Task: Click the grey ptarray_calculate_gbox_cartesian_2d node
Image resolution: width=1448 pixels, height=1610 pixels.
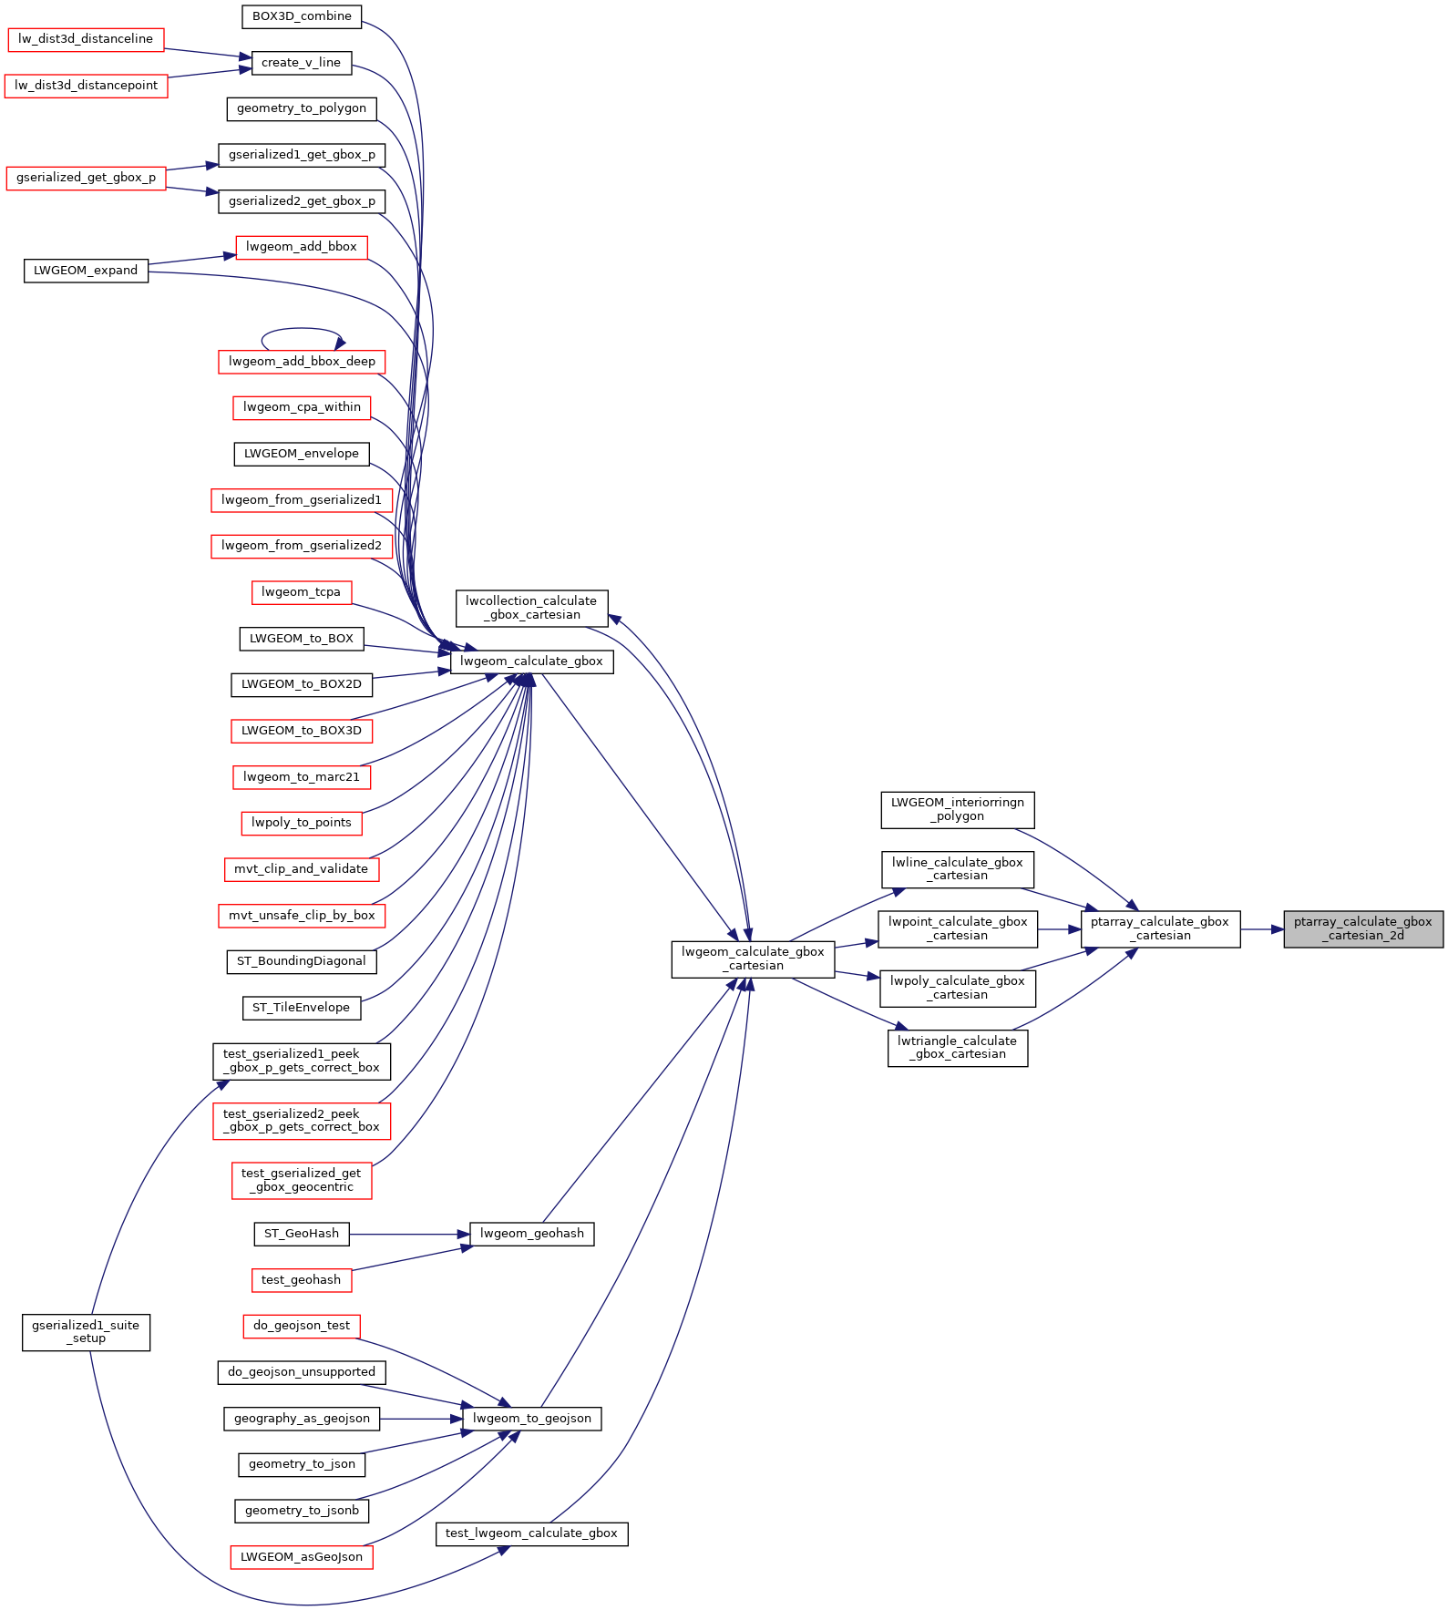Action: tap(1362, 928)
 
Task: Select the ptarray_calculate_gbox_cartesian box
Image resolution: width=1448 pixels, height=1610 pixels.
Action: tap(1159, 928)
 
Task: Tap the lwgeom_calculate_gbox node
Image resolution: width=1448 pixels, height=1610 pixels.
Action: tap(531, 661)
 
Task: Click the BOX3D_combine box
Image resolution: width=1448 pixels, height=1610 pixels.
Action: tap(302, 16)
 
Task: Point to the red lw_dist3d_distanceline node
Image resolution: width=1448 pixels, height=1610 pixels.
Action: tap(86, 39)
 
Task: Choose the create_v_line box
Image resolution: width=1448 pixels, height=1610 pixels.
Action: tap(301, 63)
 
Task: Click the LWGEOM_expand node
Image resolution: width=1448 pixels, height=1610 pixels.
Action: tap(86, 271)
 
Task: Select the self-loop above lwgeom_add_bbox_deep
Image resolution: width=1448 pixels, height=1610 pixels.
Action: tap(302, 330)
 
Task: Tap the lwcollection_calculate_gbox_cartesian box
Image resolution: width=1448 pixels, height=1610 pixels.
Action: tap(531, 608)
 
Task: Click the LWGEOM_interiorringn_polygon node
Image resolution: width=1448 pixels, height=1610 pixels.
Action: tap(957, 809)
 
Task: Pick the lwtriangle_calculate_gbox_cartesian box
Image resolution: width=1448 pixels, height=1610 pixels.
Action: tap(957, 1048)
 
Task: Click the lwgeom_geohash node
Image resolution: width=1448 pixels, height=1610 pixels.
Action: tap(531, 1234)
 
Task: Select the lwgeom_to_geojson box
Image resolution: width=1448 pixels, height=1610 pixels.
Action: tap(531, 1419)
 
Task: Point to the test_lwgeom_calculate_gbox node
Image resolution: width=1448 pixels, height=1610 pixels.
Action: tap(531, 1533)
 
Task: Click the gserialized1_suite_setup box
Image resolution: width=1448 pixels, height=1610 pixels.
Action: tap(86, 1332)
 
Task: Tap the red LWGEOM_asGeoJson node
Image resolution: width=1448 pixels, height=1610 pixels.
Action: tap(302, 1557)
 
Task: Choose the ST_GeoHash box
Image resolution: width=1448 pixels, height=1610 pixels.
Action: tap(301, 1234)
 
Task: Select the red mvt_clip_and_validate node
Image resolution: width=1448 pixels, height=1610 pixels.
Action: tap(301, 869)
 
